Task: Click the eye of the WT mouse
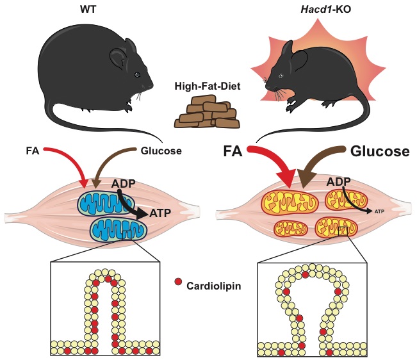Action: [x=136, y=75]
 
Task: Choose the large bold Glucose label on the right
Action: [x=380, y=151]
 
